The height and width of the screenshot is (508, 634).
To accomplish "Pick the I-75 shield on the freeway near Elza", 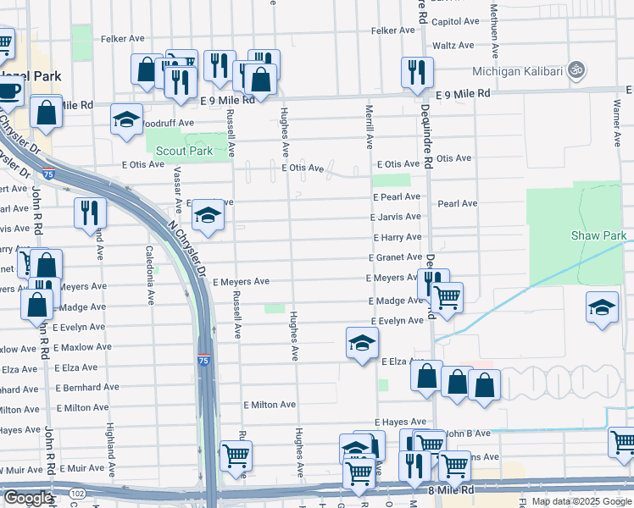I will coord(204,361).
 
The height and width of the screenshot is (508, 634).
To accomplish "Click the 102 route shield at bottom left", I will coord(77,494).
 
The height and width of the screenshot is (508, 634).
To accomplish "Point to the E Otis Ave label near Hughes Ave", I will coord(303,168).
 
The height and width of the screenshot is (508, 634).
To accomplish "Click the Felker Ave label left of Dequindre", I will coord(392,30).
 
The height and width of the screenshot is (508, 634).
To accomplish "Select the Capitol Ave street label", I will coord(457,21).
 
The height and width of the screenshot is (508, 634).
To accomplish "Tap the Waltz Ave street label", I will coord(453,46).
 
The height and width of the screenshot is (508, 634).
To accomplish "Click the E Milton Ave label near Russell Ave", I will coord(269,406).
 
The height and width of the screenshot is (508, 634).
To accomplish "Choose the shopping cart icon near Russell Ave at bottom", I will coord(236,456).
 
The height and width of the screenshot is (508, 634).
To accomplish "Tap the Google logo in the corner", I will coord(27,498).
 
